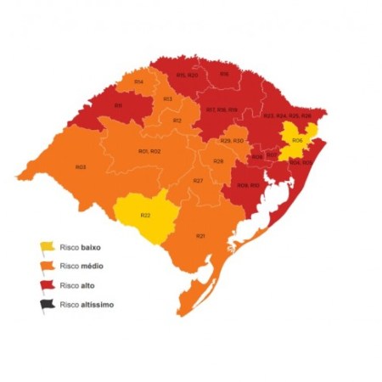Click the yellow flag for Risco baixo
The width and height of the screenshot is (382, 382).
tap(46, 247)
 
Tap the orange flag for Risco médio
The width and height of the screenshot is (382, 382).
tap(46, 267)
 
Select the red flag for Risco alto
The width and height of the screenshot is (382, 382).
tap(46, 285)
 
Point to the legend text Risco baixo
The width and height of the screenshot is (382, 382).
tap(80, 247)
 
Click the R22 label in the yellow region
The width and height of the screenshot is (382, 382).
tap(145, 215)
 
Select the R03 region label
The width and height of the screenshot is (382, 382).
tap(81, 167)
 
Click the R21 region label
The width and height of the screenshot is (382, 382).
tap(200, 235)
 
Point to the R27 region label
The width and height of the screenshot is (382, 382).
tap(197, 182)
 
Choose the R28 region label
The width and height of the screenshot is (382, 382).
tap(218, 160)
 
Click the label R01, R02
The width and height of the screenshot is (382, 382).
tap(149, 151)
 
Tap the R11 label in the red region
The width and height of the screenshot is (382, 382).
tap(118, 105)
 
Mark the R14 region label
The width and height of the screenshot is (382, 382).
tap(138, 81)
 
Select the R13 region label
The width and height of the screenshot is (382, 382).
tap(168, 99)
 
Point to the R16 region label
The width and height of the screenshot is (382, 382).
tap(224, 74)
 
